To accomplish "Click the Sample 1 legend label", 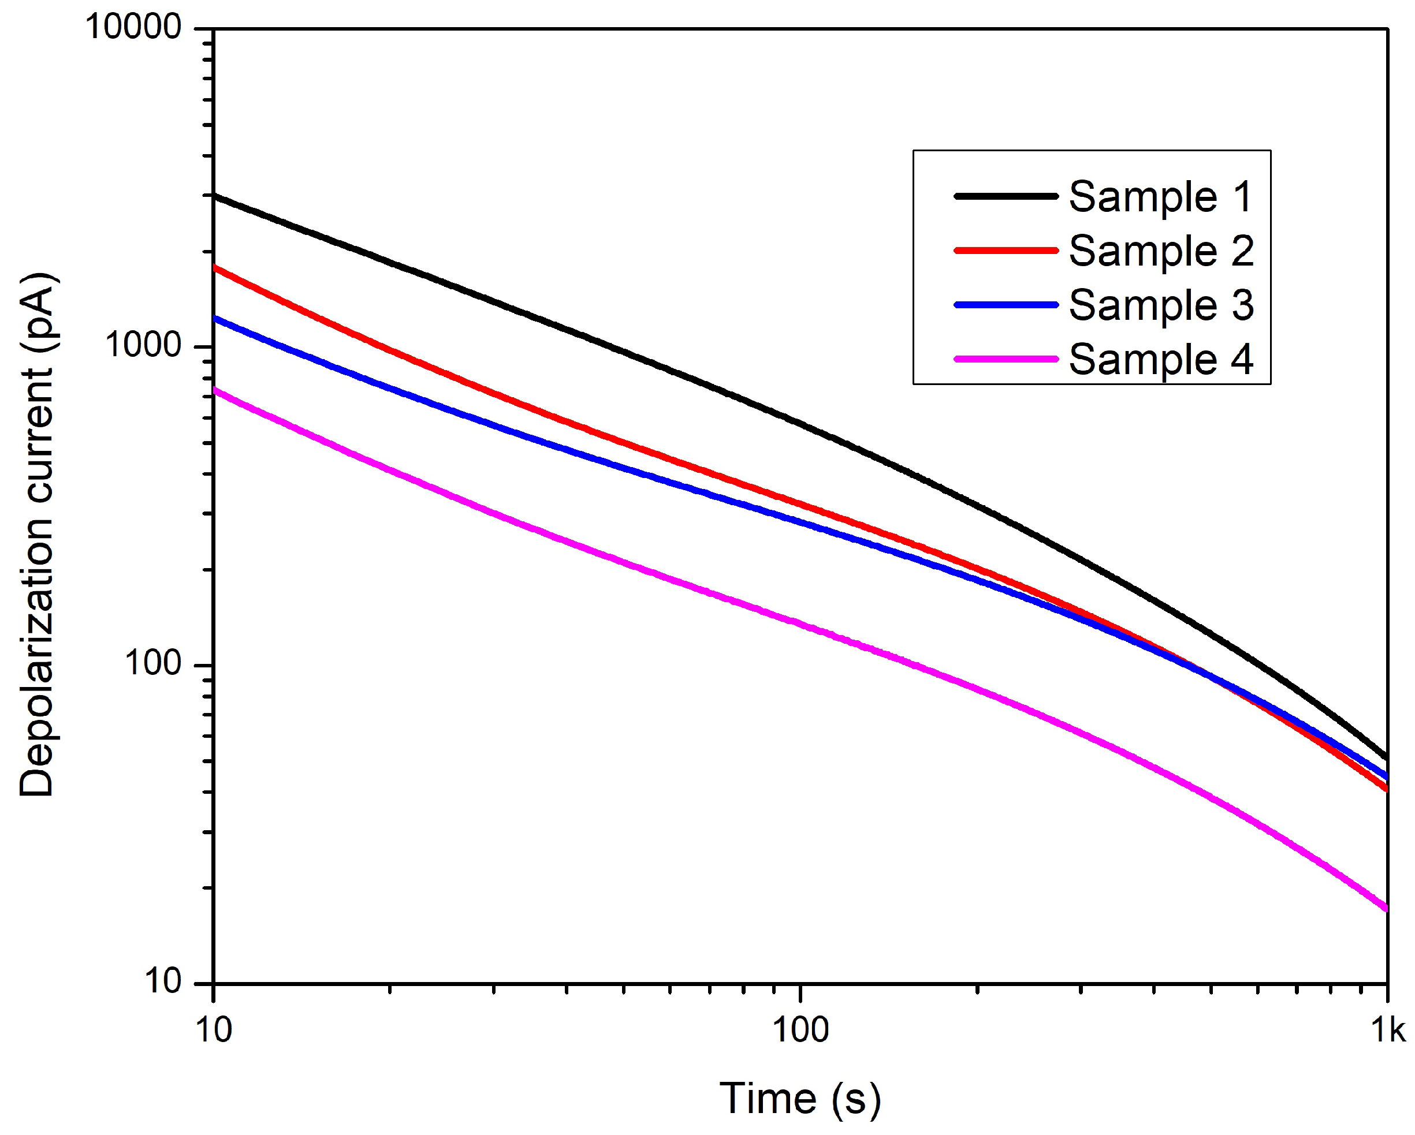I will pos(1160,197).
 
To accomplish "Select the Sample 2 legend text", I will pos(1160,251).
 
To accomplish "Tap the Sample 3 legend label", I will pos(1160,306).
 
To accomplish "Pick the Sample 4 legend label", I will pos(1160,360).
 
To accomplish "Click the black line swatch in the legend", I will pos(1006,196).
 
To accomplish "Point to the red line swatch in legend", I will pos(1006,251).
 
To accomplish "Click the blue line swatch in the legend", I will pos(1006,305).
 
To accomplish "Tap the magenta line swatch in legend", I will pos(1006,360).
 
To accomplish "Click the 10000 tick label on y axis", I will pos(133,28).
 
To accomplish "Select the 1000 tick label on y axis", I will pos(143,346).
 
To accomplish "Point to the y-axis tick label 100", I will pos(152,664).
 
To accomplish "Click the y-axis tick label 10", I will pos(162,982).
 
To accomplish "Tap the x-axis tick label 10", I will pos(214,1031).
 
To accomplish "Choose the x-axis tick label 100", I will pos(800,1031).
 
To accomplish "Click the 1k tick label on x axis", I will pos(1387,1031).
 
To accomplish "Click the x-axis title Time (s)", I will pos(800,1098).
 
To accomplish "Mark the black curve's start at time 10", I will pos(215,196).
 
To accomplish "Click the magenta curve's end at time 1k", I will pos(1386,909).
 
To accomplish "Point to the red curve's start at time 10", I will pos(215,268).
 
